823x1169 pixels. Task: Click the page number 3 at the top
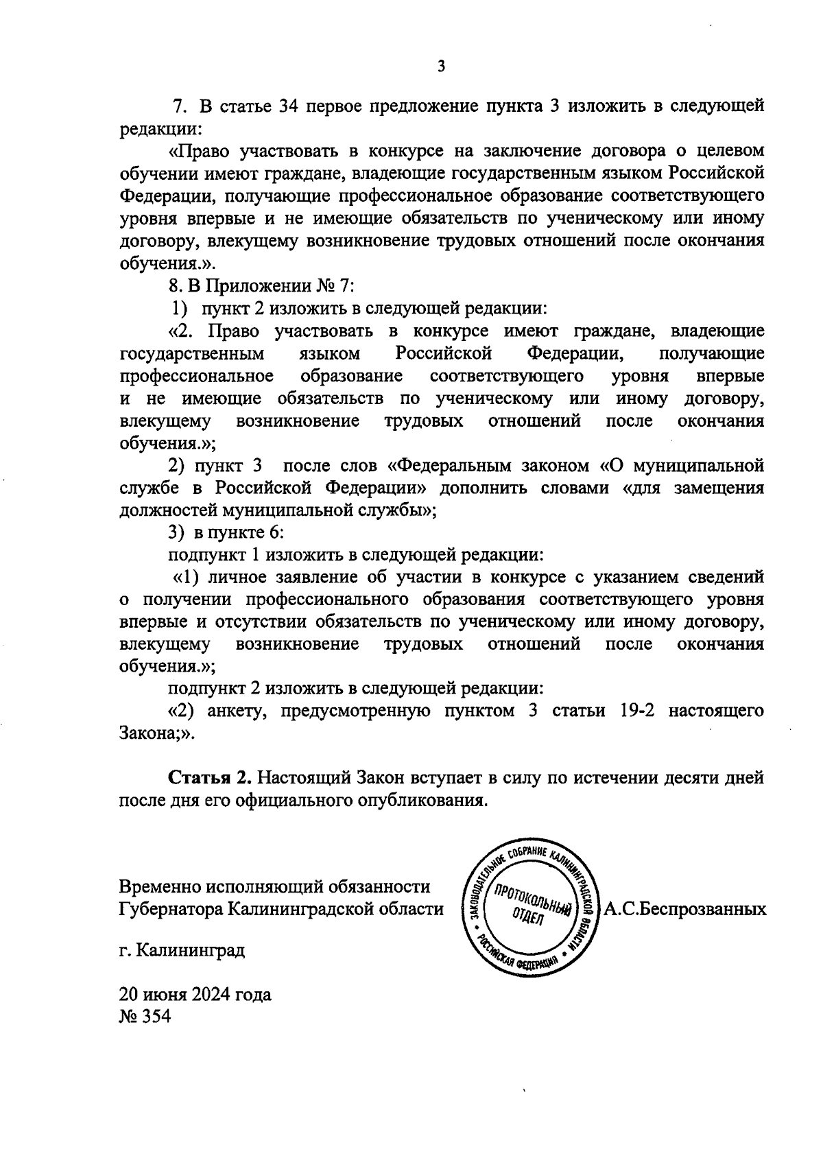pyautogui.click(x=440, y=66)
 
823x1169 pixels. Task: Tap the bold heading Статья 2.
pyautogui.click(x=211, y=778)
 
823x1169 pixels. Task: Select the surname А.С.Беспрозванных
pyautogui.click(x=684, y=909)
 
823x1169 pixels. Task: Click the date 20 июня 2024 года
pyautogui.click(x=195, y=993)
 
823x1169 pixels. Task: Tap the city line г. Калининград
pyautogui.click(x=181, y=951)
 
